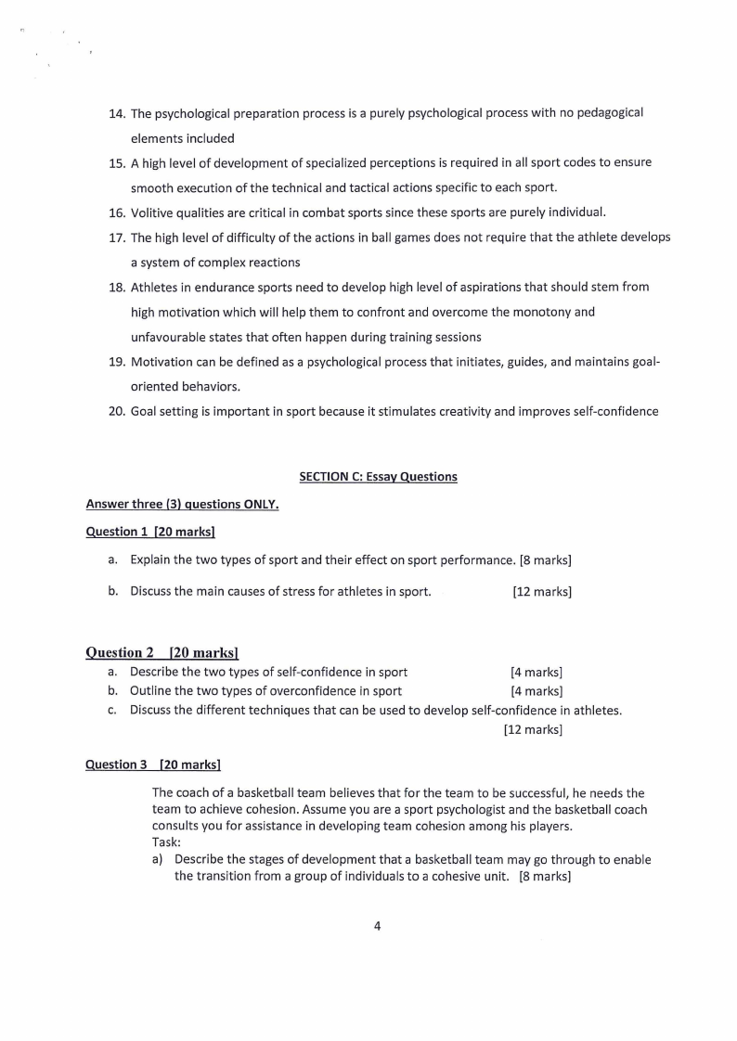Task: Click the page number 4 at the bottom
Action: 377,925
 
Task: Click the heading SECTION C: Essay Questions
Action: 378,477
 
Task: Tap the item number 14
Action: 117,113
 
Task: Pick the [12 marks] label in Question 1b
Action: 541,591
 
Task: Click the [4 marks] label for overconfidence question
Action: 537,690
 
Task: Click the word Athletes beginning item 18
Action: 156,287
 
